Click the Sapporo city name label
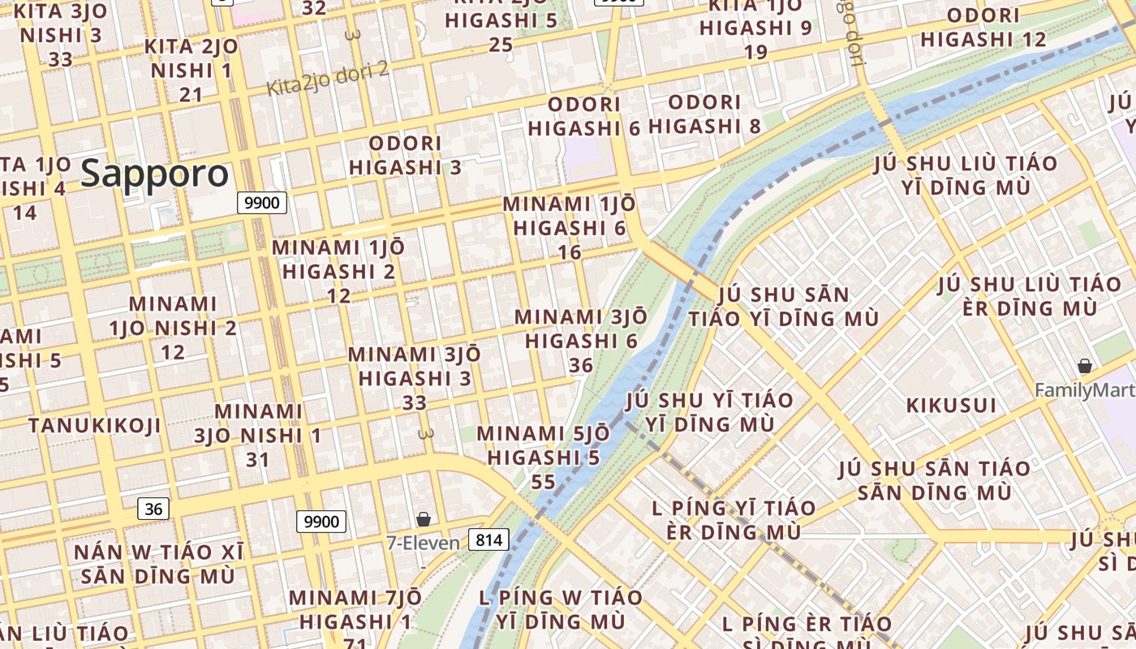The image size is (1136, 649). (155, 174)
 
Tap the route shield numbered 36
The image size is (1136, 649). (153, 509)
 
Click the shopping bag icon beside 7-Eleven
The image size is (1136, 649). (423, 519)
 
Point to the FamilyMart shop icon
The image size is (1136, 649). (1084, 367)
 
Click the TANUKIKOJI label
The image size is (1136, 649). (94, 426)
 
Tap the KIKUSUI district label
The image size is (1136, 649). (950, 405)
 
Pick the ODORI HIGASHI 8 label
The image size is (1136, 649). (705, 114)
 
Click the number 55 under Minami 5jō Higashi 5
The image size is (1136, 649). (543, 482)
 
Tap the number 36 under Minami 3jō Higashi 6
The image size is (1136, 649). (580, 365)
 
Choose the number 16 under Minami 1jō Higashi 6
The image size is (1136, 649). (570, 252)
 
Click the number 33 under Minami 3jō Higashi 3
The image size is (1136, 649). (414, 402)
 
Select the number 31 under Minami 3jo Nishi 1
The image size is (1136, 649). (257, 459)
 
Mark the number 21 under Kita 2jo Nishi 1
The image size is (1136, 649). (191, 95)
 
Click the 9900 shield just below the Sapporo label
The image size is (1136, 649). (262, 203)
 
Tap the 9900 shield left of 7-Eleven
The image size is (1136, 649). (321, 522)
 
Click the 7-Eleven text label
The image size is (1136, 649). (423, 543)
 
